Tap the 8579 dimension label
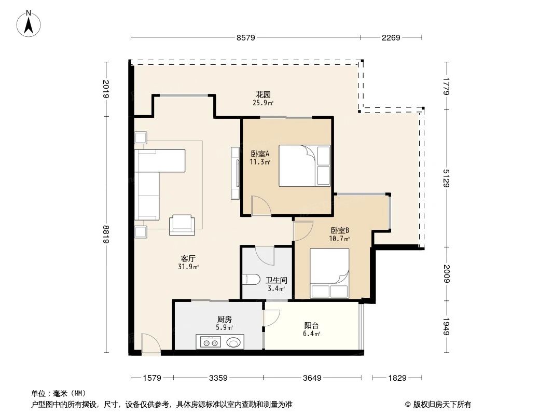(246, 37)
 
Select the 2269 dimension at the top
(391, 37)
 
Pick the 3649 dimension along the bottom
(312, 378)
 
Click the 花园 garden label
(263, 95)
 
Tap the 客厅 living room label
(188, 258)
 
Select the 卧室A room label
(260, 154)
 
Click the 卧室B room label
(339, 231)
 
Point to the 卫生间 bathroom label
(275, 280)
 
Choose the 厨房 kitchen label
(224, 320)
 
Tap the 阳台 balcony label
(311, 326)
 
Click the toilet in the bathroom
(251, 280)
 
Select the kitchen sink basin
(233, 342)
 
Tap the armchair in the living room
(183, 224)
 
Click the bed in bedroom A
(304, 165)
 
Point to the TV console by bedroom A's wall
(234, 173)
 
